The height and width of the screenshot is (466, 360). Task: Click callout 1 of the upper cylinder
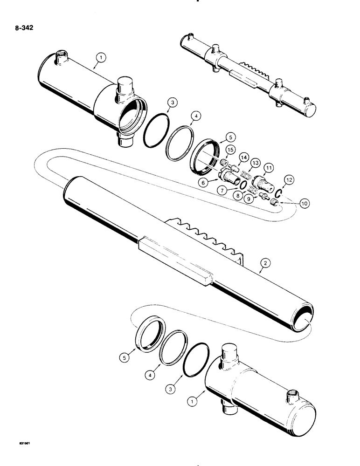tap(102, 58)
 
